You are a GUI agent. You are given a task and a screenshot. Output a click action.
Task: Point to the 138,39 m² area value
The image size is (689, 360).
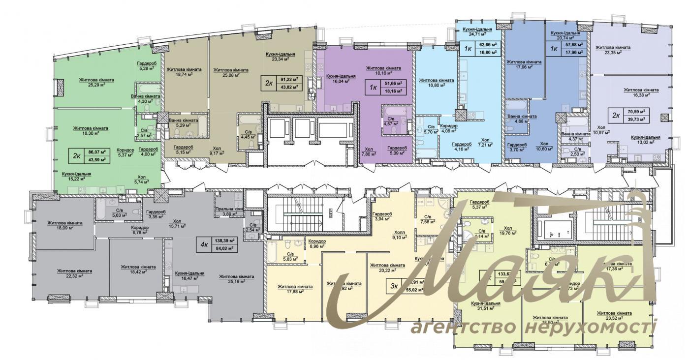[224, 240]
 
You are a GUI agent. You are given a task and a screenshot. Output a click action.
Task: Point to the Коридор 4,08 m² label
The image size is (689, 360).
[449, 128]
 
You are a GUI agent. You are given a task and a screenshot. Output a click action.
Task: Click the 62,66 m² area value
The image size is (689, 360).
[487, 44]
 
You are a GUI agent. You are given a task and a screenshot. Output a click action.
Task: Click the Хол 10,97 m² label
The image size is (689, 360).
[601, 129]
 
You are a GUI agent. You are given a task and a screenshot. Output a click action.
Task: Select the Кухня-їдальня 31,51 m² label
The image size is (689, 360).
[486, 306]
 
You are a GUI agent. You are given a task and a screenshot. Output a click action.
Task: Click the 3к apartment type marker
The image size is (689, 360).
[394, 286]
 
